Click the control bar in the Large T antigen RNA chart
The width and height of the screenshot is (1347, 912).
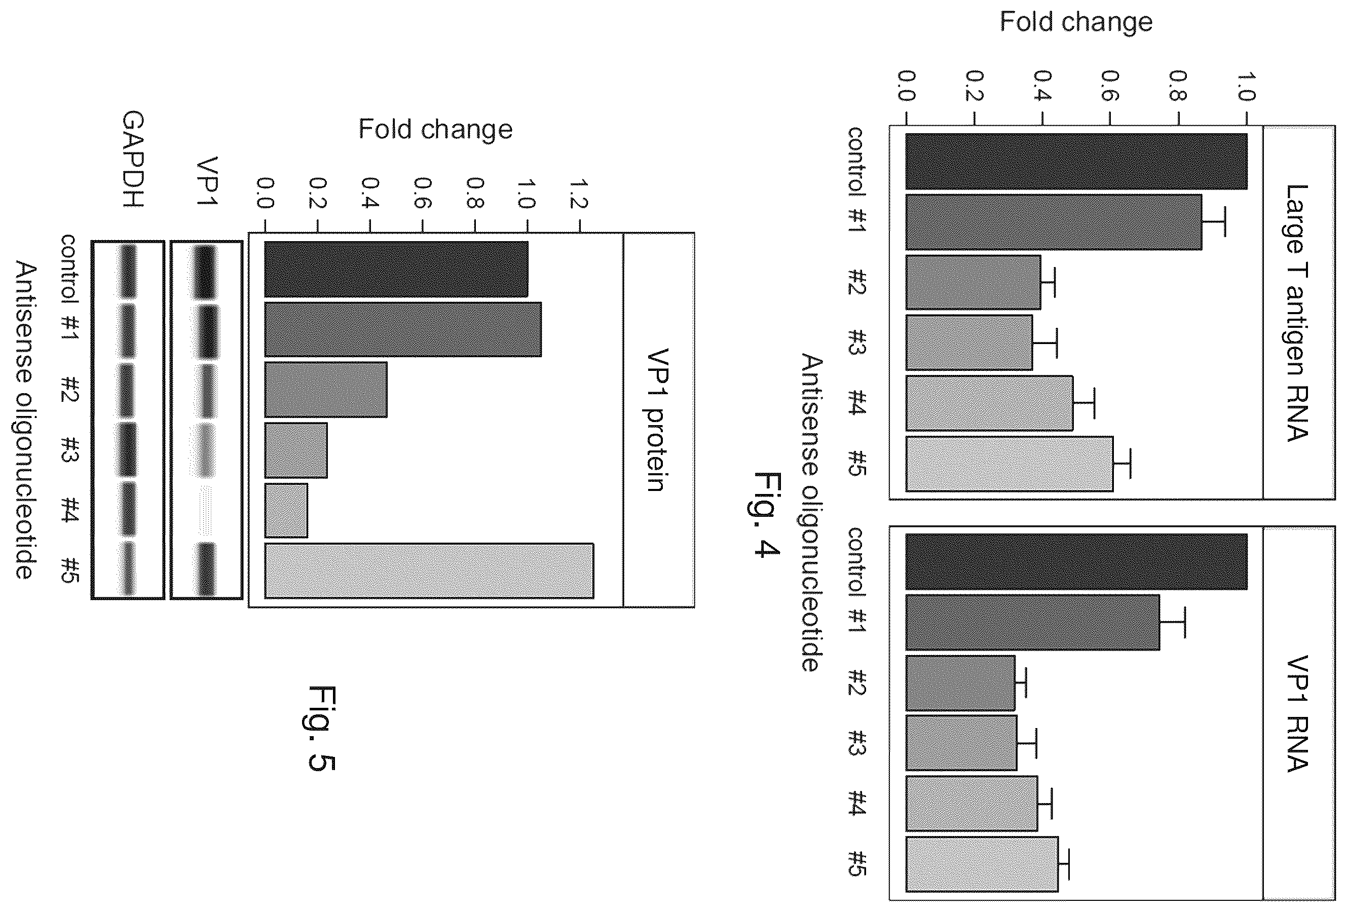pyautogui.click(x=1076, y=162)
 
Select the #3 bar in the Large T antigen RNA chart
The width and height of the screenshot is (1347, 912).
pyautogui.click(x=969, y=343)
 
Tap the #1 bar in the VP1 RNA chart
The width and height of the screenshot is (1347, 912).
pyautogui.click(x=1032, y=622)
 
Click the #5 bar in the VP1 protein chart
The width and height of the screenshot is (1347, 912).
pyautogui.click(x=429, y=571)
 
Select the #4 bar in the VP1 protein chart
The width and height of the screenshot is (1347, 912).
pyautogui.click(x=286, y=510)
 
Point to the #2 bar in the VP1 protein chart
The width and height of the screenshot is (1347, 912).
pyautogui.click(x=326, y=389)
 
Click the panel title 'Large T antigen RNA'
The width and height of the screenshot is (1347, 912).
pyautogui.click(x=1296, y=313)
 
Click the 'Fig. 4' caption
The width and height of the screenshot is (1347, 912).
pyautogui.click(x=764, y=515)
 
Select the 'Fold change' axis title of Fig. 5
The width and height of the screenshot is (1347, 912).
pyautogui.click(x=435, y=129)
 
